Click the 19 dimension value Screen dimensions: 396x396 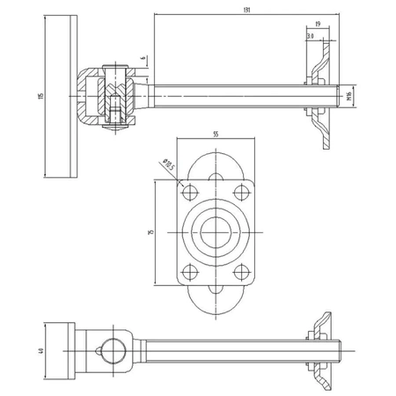[317, 26]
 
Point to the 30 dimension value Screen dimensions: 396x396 [312, 36]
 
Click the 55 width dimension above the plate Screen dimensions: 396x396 [215, 135]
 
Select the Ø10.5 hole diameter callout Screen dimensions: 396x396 [169, 163]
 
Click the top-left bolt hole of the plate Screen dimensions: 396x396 [187, 192]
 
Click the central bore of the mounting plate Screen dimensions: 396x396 [214, 231]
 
